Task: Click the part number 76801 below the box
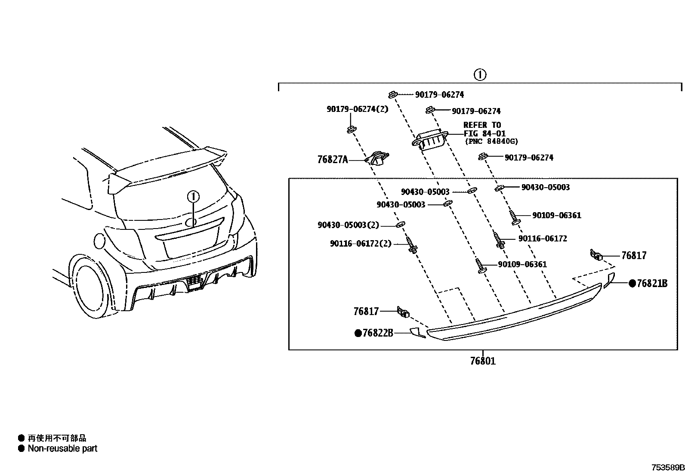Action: pyautogui.click(x=482, y=361)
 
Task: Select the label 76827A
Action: pyautogui.click(x=332, y=160)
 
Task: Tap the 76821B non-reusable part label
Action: pyautogui.click(x=652, y=283)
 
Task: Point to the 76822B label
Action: pyautogui.click(x=378, y=333)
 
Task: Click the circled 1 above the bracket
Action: pyautogui.click(x=480, y=74)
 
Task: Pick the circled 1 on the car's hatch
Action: pyautogui.click(x=193, y=197)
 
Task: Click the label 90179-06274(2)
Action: pyautogui.click(x=357, y=109)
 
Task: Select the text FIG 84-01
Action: pyautogui.click(x=484, y=133)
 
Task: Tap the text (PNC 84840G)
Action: pyautogui.click(x=491, y=141)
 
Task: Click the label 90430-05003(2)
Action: pyautogui.click(x=349, y=225)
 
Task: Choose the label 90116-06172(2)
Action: pyautogui.click(x=361, y=244)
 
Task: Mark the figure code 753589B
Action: pyautogui.click(x=667, y=467)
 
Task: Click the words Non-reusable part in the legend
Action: pyautogui.click(x=62, y=448)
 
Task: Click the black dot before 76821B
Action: pyautogui.click(x=632, y=283)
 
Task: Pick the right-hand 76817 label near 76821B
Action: pyautogui.click(x=633, y=256)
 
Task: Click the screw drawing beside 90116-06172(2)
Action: pyautogui.click(x=412, y=245)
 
